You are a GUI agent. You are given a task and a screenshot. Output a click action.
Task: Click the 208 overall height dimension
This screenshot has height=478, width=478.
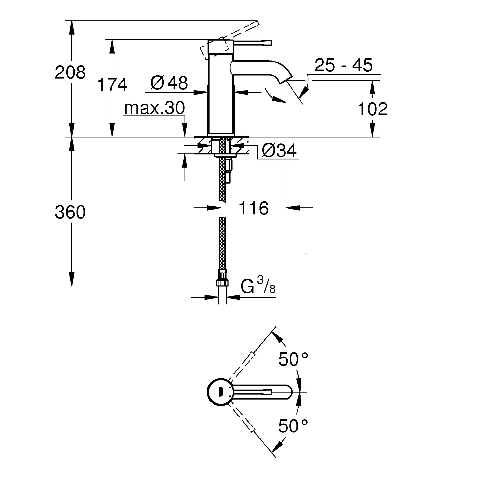click(70, 73)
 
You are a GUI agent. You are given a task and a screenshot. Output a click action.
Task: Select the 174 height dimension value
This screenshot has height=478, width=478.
click(112, 85)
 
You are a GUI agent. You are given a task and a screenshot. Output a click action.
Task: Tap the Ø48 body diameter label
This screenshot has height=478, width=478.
click(169, 83)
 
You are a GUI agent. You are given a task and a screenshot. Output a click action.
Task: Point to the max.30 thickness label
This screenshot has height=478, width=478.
click(154, 108)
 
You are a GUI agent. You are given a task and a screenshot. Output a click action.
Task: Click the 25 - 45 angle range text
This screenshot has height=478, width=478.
click(343, 66)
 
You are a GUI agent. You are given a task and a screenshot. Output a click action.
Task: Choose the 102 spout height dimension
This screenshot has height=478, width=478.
click(372, 109)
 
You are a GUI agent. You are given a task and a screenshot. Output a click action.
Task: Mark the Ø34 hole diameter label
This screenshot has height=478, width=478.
click(279, 151)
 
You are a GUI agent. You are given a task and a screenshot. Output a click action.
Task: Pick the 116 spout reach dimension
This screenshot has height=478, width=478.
click(253, 209)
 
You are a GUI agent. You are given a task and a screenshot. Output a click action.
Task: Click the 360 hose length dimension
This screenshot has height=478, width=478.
click(70, 212)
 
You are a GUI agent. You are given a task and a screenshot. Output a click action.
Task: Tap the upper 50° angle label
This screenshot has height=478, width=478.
click(293, 360)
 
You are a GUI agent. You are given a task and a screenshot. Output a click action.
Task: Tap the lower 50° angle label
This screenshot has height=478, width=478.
click(293, 426)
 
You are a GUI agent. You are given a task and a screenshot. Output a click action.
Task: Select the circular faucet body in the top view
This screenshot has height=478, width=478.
click(218, 392)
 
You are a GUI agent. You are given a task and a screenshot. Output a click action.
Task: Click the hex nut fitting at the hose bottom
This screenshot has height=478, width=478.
click(222, 282)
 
